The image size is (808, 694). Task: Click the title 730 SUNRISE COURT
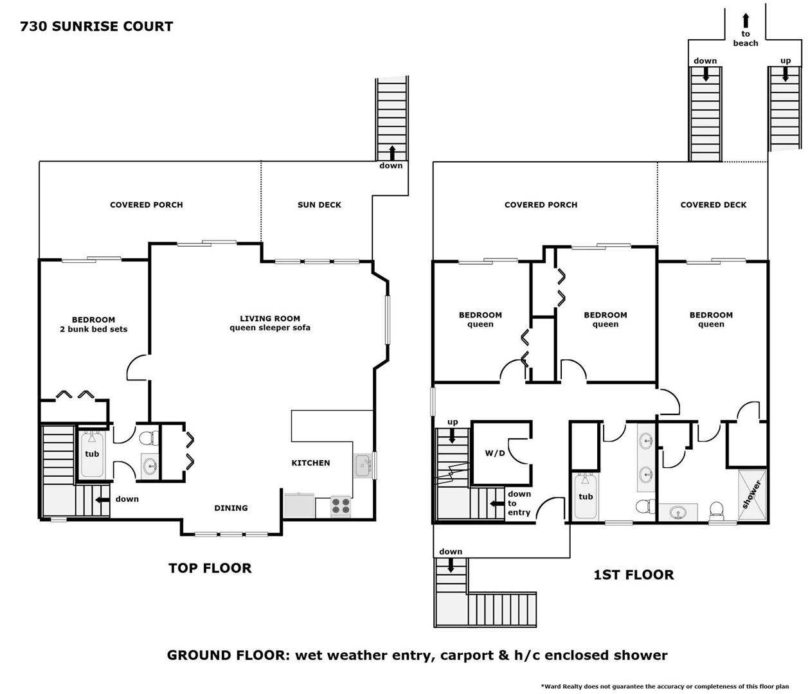96,26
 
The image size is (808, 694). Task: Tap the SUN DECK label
319,205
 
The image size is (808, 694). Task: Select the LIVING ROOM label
270,319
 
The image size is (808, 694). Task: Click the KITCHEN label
310,463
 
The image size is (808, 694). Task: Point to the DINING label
231,508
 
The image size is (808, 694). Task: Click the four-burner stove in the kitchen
341,506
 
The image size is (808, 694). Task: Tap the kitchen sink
363,465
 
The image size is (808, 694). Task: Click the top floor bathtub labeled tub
92,454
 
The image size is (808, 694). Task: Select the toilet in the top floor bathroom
149,438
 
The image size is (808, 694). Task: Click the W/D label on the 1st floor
495,453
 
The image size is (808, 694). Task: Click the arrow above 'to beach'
746,21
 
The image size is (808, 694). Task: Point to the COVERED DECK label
714,205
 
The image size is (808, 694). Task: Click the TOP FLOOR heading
210,568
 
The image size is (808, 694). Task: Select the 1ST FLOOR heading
634,575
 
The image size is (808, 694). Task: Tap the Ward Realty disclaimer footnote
665,686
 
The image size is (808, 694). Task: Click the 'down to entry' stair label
519,503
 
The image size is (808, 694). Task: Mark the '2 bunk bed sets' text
94,329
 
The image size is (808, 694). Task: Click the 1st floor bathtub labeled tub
586,497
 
